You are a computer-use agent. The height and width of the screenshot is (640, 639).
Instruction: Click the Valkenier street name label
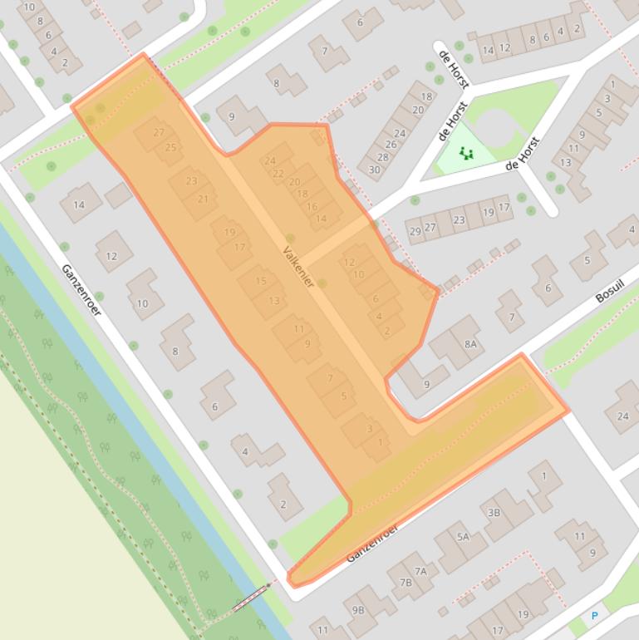click(298, 267)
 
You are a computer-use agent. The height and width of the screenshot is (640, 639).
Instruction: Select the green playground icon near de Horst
click(465, 153)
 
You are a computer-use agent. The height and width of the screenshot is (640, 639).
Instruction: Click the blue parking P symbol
click(594, 616)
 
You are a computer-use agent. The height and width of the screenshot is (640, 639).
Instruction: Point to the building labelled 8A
click(471, 343)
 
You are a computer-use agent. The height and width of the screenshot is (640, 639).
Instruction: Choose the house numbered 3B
click(494, 513)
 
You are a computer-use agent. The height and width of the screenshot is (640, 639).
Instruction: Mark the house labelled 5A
click(463, 537)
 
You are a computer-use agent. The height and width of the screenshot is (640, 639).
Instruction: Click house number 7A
click(421, 571)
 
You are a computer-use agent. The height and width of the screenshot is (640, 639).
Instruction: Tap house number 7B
click(405, 583)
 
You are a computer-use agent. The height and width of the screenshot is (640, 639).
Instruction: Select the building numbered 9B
click(358, 610)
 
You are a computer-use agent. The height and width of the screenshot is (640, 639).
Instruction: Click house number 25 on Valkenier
click(170, 148)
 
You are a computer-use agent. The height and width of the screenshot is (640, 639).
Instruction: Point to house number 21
click(203, 199)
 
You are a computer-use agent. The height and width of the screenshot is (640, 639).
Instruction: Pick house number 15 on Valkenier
click(261, 282)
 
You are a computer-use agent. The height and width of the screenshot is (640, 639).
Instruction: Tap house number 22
click(278, 174)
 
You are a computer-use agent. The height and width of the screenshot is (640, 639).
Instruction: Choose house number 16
click(312, 207)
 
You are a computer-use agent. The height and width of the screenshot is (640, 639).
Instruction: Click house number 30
click(374, 170)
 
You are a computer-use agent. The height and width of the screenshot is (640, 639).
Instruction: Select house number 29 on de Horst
click(415, 231)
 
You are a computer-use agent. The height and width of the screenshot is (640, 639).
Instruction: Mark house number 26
click(391, 145)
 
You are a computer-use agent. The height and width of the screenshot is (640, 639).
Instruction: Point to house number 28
click(382, 157)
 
